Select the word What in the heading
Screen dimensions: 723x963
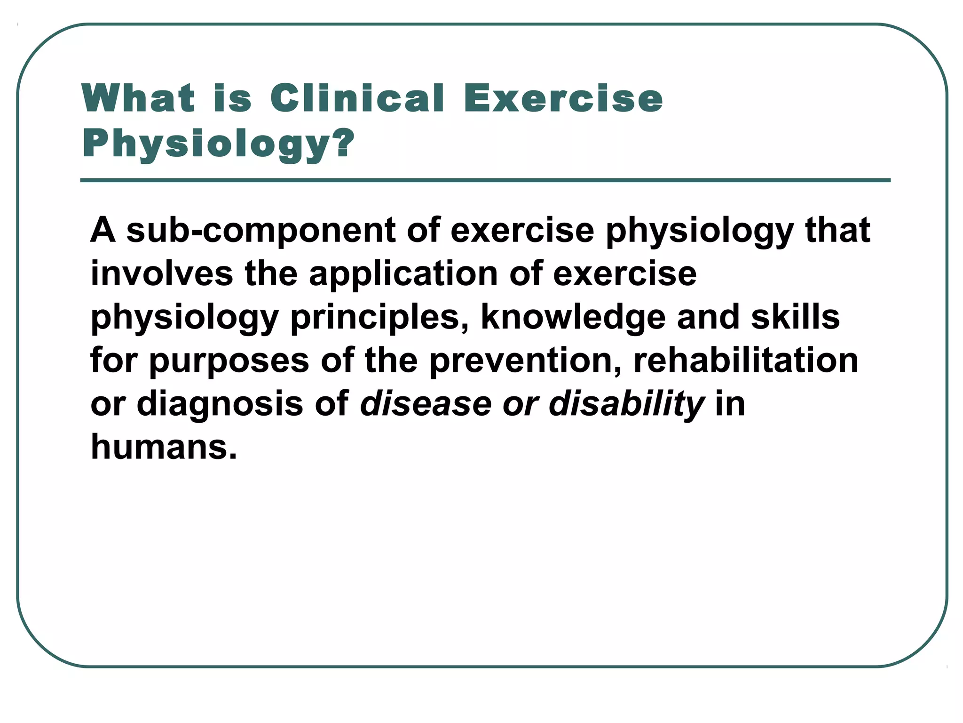tap(138, 98)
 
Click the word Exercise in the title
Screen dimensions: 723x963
tap(563, 98)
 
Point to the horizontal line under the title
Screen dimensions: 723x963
tap(485, 180)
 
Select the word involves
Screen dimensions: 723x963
tap(162, 273)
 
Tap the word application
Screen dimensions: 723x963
tap(403, 273)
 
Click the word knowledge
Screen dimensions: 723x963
tap(573, 317)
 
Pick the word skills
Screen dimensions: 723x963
tap(795, 317)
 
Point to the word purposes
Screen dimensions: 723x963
tap(229, 361)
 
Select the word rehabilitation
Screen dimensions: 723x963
tap(746, 360)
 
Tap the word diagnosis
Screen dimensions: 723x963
tap(220, 404)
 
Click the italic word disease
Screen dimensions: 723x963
tap(425, 403)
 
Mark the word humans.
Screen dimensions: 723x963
tap(164, 447)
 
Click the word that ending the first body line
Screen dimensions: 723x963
tap(837, 230)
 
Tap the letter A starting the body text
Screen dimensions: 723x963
tap(103, 230)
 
